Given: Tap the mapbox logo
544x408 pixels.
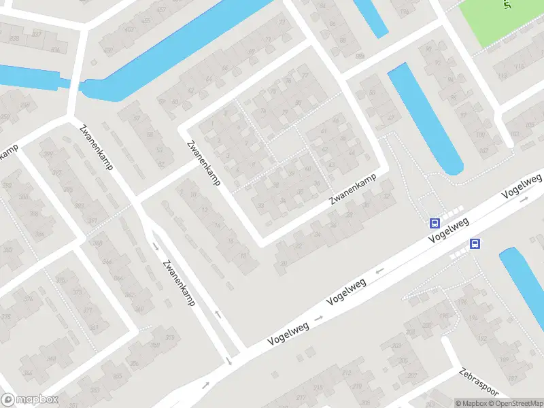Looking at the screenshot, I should (30, 400).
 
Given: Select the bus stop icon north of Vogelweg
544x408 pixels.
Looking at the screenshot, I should (434, 222).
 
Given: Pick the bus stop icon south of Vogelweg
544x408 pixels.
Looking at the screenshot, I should (475, 244).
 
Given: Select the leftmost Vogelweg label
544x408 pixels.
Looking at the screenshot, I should (288, 330).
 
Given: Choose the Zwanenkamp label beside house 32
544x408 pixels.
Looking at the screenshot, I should (203, 164).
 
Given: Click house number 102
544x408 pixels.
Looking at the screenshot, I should (482, 135).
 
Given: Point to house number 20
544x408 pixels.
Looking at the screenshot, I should (284, 263).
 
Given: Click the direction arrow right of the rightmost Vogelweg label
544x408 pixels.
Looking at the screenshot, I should (524, 200).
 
